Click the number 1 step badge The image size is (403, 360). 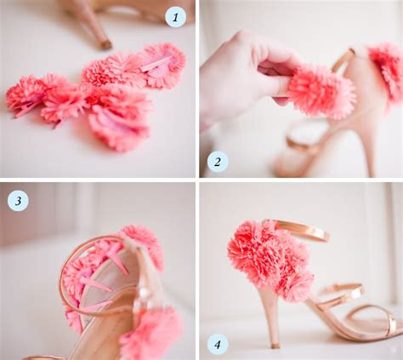(175, 17)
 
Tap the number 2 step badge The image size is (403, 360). (218, 161)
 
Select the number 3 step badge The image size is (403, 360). (17, 201)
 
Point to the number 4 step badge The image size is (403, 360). (219, 345)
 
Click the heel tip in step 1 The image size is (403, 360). (105, 43)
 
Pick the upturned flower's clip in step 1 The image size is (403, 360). (157, 63)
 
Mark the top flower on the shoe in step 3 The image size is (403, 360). (142, 243)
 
